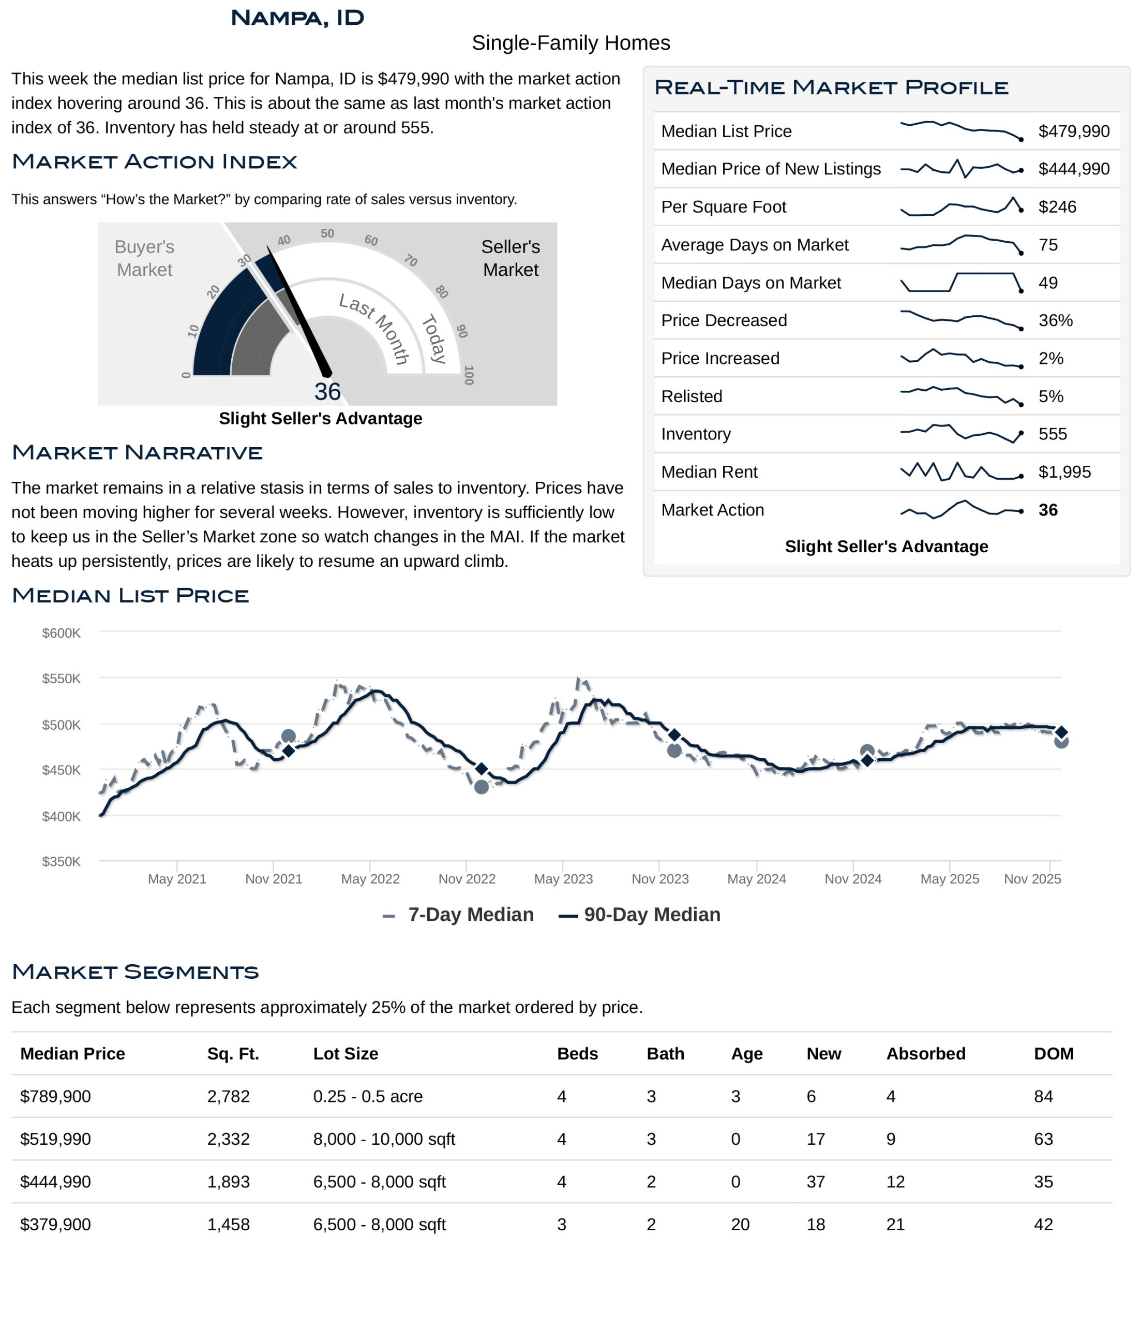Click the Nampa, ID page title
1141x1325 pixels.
297,18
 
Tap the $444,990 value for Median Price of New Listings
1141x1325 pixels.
1073,169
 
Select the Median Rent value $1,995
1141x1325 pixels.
1063,472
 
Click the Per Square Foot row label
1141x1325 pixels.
723,207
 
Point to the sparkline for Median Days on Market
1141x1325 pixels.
960,282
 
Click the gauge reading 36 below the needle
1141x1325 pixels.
327,391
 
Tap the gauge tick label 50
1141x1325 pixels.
327,233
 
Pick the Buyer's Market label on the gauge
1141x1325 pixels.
144,258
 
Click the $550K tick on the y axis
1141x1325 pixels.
62,679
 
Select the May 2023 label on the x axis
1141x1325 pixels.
563,879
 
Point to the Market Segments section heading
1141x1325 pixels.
136,971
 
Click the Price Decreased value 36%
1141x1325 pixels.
1055,320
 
